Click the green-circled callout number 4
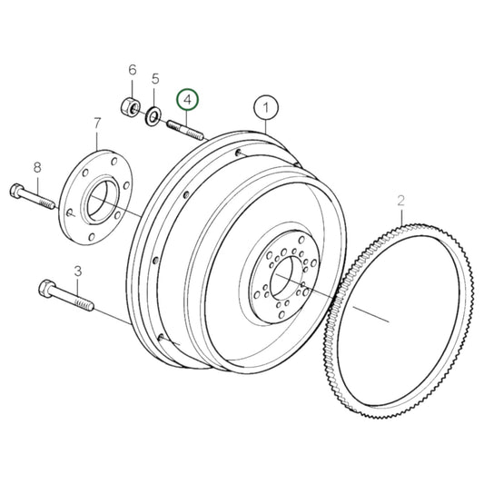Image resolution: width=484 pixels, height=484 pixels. click(188, 100)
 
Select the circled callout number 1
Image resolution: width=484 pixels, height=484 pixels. click(266, 107)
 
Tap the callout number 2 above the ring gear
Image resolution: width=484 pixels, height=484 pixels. click(400, 201)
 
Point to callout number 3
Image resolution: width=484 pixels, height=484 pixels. click(78, 272)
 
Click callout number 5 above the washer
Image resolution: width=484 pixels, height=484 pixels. click(155, 79)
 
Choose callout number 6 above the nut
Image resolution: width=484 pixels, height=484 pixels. click(132, 70)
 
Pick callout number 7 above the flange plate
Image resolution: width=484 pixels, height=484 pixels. click(97, 123)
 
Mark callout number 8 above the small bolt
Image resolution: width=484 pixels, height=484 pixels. click(37, 167)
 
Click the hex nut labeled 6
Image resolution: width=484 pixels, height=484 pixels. click(129, 107)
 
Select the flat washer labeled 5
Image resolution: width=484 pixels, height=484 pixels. click(153, 116)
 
